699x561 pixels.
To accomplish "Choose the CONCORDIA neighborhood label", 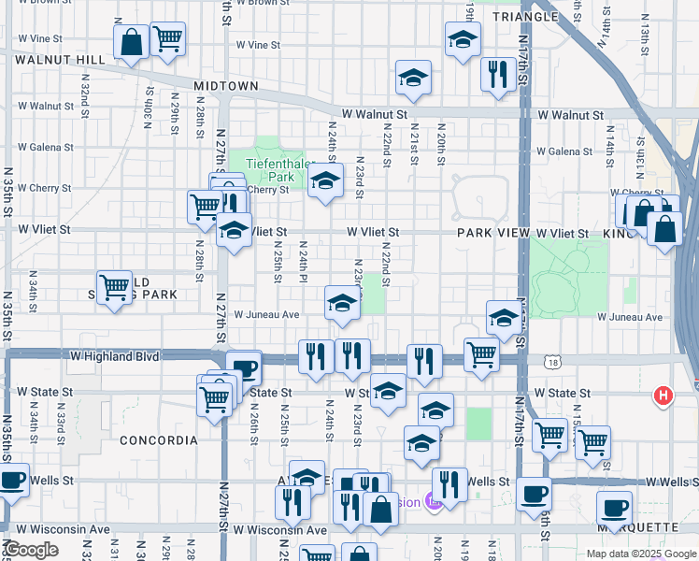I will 159,439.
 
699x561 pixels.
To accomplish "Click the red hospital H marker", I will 663,396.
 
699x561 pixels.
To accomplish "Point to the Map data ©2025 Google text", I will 640,554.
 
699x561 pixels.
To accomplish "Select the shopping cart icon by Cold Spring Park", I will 115,287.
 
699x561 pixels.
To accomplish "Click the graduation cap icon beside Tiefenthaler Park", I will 325,183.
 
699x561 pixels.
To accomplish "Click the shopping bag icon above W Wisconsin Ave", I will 381,509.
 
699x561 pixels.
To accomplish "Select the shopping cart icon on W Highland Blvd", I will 481,354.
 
